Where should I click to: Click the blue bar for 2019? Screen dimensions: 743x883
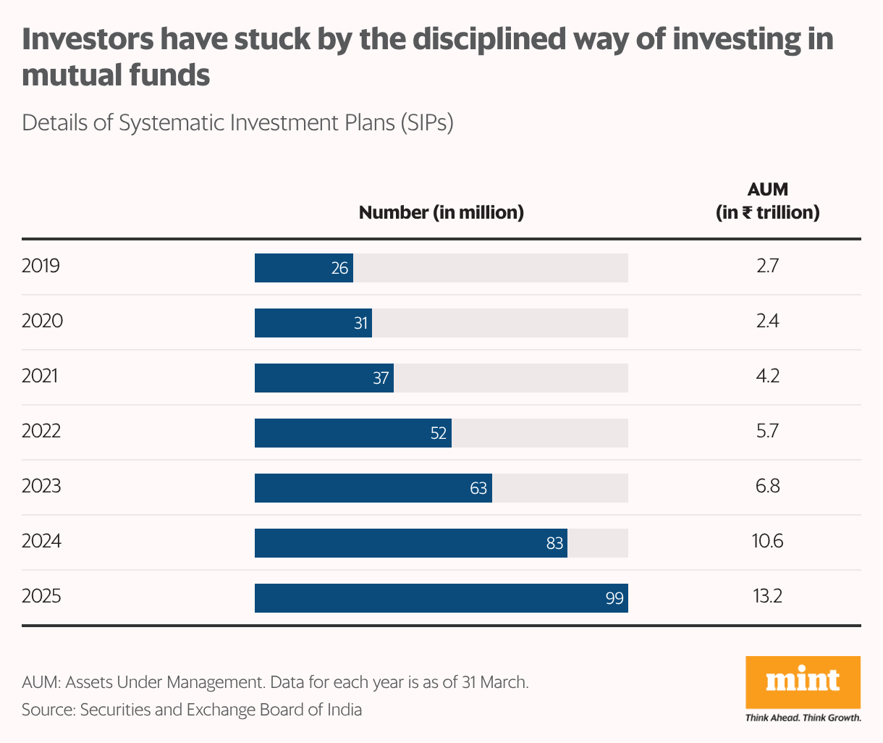click(303, 268)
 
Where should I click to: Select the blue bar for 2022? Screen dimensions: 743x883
click(352, 433)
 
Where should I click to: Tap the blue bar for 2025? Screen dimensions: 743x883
click(441, 598)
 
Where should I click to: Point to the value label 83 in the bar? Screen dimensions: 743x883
click(554, 543)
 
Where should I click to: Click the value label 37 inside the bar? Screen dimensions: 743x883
click(381, 378)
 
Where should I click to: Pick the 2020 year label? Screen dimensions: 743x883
click(42, 321)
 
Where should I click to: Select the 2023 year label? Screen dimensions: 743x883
click(41, 486)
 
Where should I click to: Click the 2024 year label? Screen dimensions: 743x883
click(41, 541)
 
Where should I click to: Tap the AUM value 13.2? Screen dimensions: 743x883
click(767, 597)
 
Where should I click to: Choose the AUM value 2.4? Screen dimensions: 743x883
click(767, 321)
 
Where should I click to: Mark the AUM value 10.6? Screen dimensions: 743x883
click(767, 541)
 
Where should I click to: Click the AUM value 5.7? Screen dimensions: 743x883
click(767, 431)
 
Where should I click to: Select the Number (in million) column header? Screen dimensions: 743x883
click(441, 212)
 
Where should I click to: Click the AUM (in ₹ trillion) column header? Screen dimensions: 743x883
click(767, 201)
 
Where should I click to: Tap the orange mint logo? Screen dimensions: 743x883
click(803, 681)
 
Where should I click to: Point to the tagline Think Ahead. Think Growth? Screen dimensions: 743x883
click(803, 718)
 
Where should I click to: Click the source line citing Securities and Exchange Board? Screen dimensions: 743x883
click(192, 710)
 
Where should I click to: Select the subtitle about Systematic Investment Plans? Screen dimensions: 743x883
click(237, 122)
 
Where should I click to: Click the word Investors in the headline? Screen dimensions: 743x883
click(88, 39)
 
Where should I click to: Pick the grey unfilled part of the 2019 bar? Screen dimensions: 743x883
click(490, 268)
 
